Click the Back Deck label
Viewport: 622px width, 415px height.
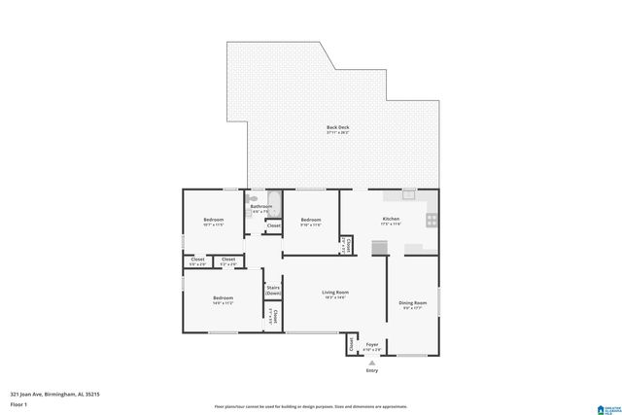[337, 128]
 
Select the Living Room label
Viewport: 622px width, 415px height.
[336, 294]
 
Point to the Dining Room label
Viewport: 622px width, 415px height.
[413, 305]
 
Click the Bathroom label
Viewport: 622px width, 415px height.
[261, 206]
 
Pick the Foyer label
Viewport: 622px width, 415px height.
[371, 345]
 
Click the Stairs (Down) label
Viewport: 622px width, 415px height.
[273, 290]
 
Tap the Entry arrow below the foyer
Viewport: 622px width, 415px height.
[371, 363]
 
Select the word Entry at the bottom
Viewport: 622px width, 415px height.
[371, 371]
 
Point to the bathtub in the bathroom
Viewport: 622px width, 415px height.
[275, 204]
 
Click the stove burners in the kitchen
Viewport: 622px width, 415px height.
[432, 221]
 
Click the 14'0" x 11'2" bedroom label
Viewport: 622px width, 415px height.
[223, 299]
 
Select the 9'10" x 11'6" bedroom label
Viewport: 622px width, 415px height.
[310, 222]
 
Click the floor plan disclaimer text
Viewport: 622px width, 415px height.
[311, 406]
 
